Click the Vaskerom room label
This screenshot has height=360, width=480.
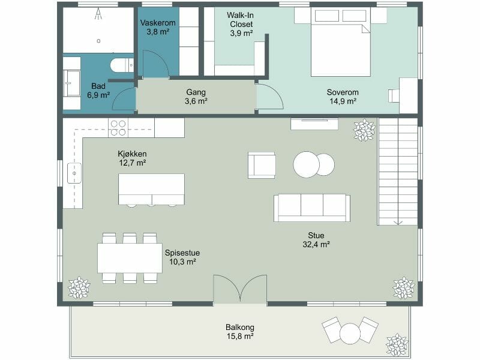click(158, 23)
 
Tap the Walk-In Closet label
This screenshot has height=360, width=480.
click(241, 20)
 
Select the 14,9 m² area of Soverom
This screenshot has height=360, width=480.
click(343, 101)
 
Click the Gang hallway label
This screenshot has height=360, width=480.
click(196, 92)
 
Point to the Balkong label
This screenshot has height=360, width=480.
click(240, 327)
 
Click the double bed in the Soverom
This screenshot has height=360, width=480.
click(341, 42)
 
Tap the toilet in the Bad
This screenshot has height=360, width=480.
click(122, 65)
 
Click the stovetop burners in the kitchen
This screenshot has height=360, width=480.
click(118, 128)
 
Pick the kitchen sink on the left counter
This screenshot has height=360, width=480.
click(74, 173)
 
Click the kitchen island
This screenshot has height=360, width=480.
click(152, 189)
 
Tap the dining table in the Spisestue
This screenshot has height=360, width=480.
click(130, 258)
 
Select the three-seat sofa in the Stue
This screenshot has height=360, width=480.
click(312, 208)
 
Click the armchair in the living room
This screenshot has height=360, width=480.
click(262, 165)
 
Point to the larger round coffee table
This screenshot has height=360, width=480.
click(307, 164)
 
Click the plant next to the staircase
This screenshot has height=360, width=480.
click(364, 130)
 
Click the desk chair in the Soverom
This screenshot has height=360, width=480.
click(394, 95)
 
